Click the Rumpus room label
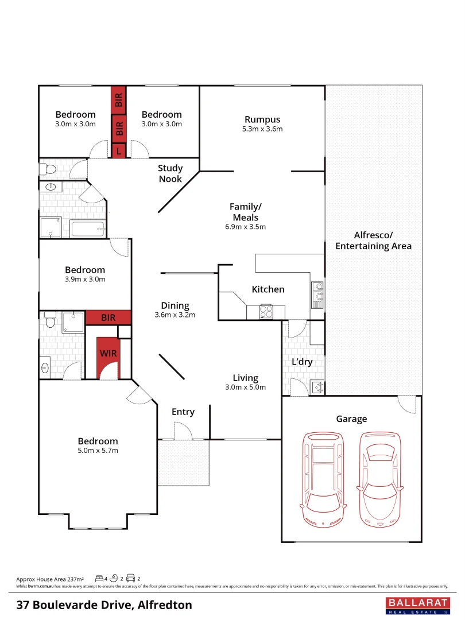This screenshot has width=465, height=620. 262,119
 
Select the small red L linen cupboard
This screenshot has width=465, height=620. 119,151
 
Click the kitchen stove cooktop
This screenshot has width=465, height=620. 267,312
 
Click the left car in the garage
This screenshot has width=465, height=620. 324,478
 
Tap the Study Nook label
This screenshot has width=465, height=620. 170,173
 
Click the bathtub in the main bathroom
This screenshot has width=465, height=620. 88,230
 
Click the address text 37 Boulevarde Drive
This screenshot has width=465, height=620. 104,605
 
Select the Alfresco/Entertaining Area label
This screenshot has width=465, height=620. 373,241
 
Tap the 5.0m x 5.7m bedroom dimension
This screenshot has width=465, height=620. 98,451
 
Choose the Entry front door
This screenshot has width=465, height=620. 183,431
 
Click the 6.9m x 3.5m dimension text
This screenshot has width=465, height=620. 245,227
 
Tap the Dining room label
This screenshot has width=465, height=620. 175,305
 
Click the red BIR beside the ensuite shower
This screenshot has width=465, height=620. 108,317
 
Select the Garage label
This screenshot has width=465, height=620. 351,419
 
